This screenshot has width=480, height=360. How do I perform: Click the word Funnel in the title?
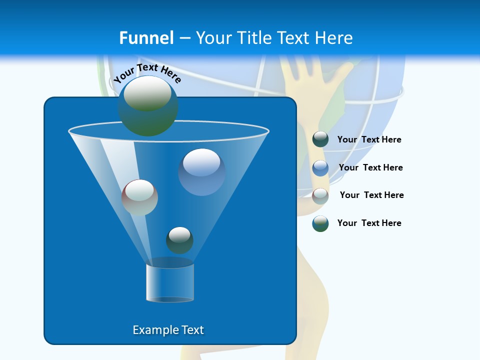pyautogui.click(x=146, y=38)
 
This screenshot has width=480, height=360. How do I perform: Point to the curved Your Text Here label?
pyautogui.click(x=147, y=73)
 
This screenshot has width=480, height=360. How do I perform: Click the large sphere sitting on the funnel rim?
pyautogui.click(x=147, y=105)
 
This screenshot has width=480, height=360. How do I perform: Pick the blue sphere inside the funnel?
pyautogui.click(x=201, y=171)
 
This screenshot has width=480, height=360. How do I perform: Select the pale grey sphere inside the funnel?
pyautogui.click(x=139, y=197)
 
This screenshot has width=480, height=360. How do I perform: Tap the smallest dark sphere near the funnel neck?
pyautogui.click(x=179, y=240)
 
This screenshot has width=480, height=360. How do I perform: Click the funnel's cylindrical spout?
pyautogui.click(x=170, y=283)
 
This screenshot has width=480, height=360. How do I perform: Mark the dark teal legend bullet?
pyautogui.click(x=320, y=139)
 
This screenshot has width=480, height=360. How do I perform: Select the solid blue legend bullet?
pyautogui.click(x=320, y=167)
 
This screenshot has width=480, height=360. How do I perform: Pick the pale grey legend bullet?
pyautogui.click(x=320, y=195)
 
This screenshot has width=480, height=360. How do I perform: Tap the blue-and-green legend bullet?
pyautogui.click(x=320, y=223)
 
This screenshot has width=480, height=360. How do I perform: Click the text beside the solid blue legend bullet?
pyautogui.click(x=370, y=167)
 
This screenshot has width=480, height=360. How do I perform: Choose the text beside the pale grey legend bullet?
pyautogui.click(x=371, y=195)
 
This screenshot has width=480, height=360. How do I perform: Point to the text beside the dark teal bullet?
pyautogui.click(x=369, y=139)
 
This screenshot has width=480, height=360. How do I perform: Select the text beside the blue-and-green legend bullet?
pyautogui.click(x=369, y=223)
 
